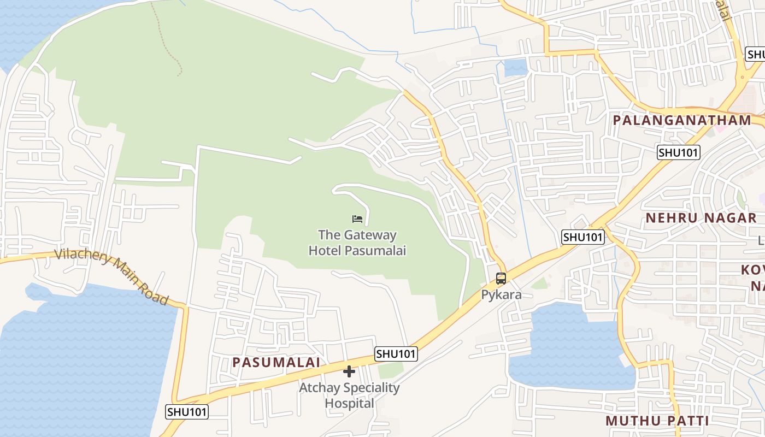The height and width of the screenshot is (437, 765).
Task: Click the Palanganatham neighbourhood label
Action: click(x=682, y=121)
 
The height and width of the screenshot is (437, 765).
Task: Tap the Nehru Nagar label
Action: click(x=701, y=218)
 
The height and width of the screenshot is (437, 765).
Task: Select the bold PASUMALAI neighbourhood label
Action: click(x=276, y=362)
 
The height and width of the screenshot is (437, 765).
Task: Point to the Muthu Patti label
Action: click(x=657, y=421)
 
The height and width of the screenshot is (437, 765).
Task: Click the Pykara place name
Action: click(x=501, y=295)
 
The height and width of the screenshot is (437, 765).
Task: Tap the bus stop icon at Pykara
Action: click(x=501, y=279)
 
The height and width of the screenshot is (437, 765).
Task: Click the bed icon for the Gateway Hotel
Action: click(x=357, y=219)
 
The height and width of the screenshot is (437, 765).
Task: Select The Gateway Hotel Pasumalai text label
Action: click(x=357, y=243)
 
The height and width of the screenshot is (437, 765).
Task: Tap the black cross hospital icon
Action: click(x=349, y=372)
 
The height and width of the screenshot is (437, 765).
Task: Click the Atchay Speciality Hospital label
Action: click(x=349, y=395)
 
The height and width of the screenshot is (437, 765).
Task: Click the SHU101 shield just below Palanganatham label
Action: click(x=678, y=152)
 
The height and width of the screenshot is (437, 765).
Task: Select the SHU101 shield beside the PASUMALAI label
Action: click(x=396, y=354)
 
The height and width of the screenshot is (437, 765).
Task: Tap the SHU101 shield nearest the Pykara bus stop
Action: click(x=584, y=237)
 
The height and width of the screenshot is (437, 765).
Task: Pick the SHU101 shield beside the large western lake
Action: click(x=187, y=411)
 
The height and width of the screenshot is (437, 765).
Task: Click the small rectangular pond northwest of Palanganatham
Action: click(x=515, y=67)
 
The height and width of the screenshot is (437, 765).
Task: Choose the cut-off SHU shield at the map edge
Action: click(x=756, y=55)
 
